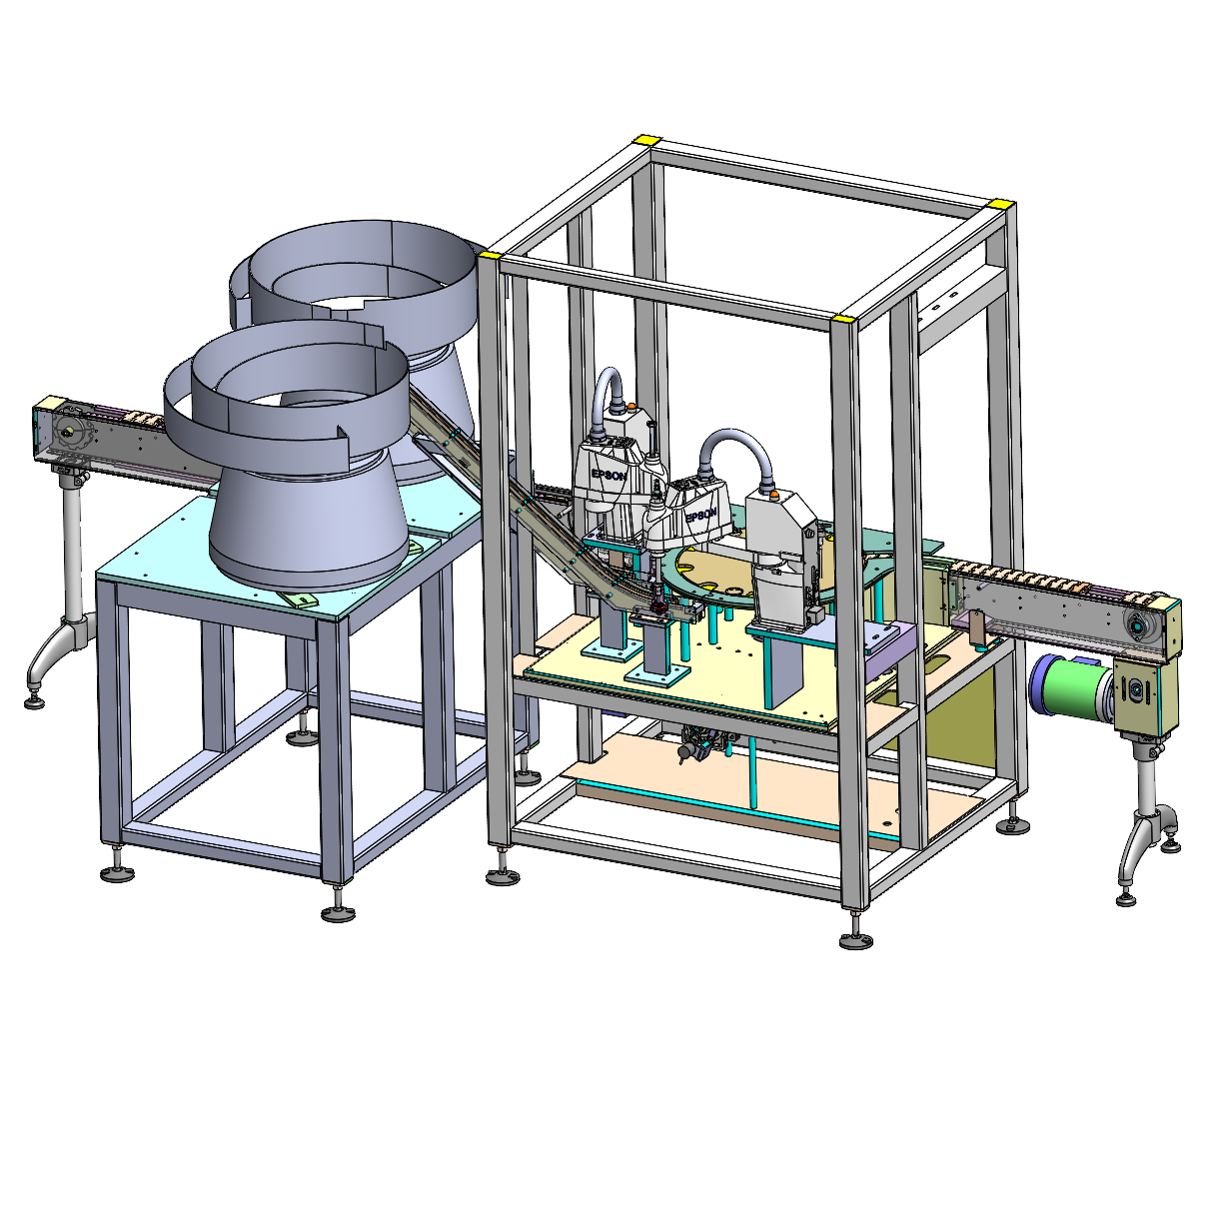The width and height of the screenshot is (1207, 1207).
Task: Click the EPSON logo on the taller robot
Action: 609,475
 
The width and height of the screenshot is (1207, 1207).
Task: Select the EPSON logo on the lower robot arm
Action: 700,515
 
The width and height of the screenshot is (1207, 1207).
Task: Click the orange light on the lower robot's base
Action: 774,495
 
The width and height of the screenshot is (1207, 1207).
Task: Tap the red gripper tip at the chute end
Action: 657,606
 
